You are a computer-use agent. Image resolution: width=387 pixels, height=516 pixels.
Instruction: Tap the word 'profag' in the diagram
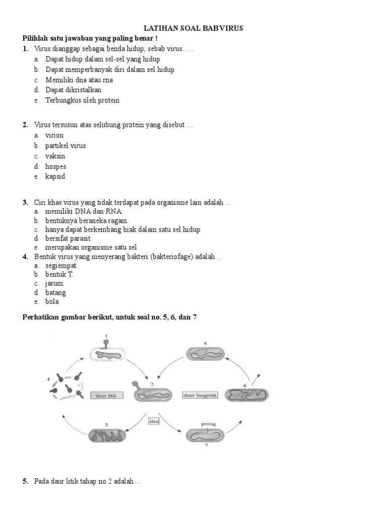[x=208, y=424]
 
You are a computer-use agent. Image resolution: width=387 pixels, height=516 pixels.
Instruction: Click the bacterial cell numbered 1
[x=106, y=355]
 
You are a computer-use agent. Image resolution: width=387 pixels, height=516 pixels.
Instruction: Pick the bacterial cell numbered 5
[x=205, y=354]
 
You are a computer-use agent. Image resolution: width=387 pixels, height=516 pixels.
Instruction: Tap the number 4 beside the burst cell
[x=48, y=378]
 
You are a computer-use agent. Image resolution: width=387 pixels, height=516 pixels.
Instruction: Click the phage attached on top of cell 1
[x=106, y=343]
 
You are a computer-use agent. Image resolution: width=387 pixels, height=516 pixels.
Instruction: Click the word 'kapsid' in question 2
[x=55, y=177]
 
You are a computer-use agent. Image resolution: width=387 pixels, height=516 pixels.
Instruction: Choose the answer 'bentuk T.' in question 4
[x=59, y=274]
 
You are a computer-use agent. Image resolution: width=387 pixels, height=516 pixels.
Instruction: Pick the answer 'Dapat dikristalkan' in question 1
[x=73, y=90]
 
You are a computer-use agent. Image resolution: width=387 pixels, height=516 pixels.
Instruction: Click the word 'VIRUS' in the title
[x=232, y=28]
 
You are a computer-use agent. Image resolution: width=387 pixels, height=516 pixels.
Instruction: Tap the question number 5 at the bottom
[x=25, y=481]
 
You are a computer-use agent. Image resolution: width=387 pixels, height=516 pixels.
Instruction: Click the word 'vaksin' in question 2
[x=55, y=156]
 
